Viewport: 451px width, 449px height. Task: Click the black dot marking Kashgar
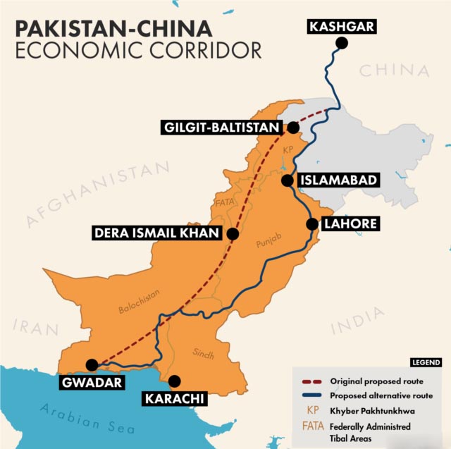point(342,43)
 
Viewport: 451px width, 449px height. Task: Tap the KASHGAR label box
point(341,27)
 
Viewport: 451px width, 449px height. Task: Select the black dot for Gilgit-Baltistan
point(293,128)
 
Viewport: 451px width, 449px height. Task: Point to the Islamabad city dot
point(287,180)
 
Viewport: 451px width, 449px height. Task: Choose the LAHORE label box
point(350,224)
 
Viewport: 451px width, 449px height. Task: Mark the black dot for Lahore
point(311,224)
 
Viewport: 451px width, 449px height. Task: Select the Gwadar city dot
point(92,364)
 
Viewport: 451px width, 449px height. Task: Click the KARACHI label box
point(175,399)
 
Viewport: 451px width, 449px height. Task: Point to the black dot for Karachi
point(175,380)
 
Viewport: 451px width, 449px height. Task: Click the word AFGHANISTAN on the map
point(99,195)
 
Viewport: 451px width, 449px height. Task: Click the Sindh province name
point(203,353)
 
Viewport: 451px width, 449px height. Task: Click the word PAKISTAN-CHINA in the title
point(113,28)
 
